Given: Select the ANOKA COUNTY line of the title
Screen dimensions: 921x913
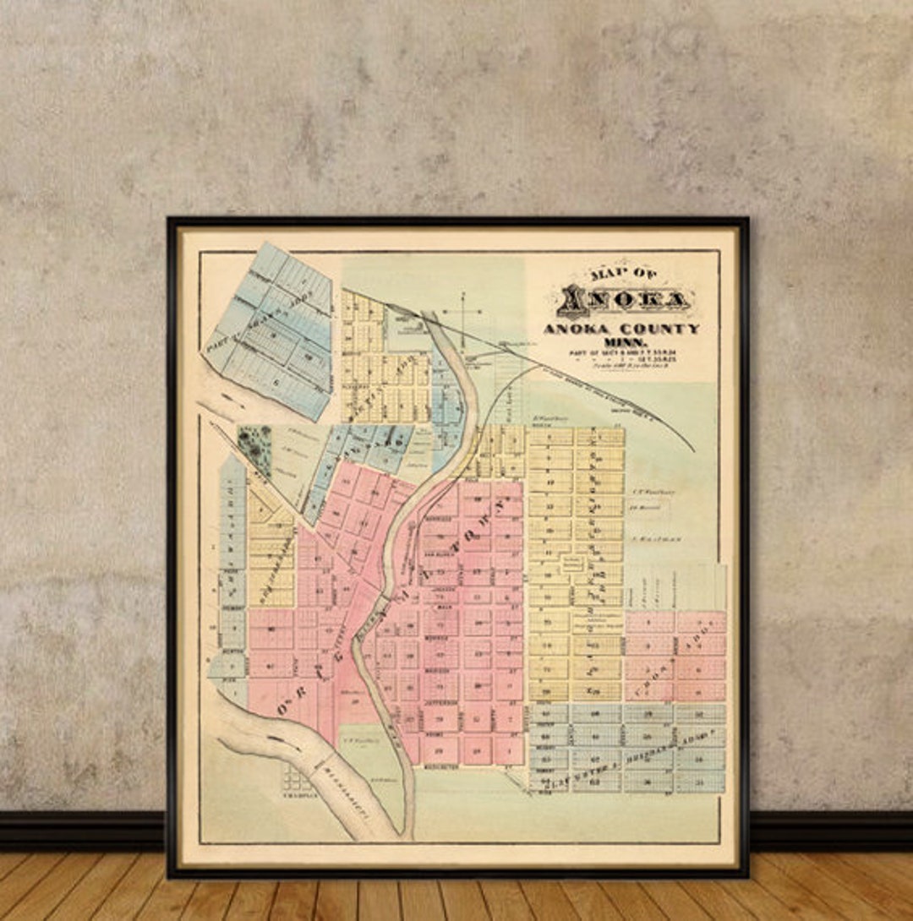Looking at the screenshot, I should pyautogui.click(x=621, y=329).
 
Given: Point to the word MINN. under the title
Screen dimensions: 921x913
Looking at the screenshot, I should pyautogui.click(x=621, y=341).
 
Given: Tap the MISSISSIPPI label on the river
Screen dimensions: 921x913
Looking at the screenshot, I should pyautogui.click(x=345, y=790).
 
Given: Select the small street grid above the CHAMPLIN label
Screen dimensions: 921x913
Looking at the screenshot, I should pyautogui.click(x=298, y=776).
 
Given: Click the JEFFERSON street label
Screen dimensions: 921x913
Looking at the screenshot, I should pyautogui.click(x=440, y=702).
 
